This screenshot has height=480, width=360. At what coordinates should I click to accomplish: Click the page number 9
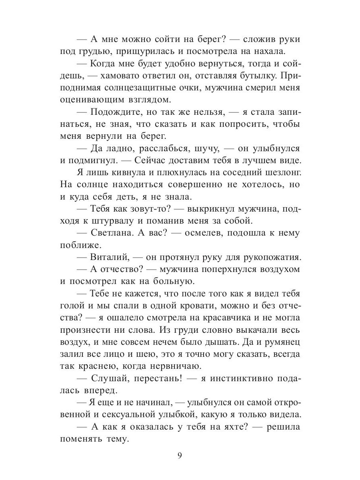pyautogui.click(x=180, y=456)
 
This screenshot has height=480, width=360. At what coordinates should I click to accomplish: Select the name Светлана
pyautogui.click(x=113, y=232)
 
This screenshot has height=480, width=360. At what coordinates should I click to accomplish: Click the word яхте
pyautogui.click(x=229, y=426)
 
